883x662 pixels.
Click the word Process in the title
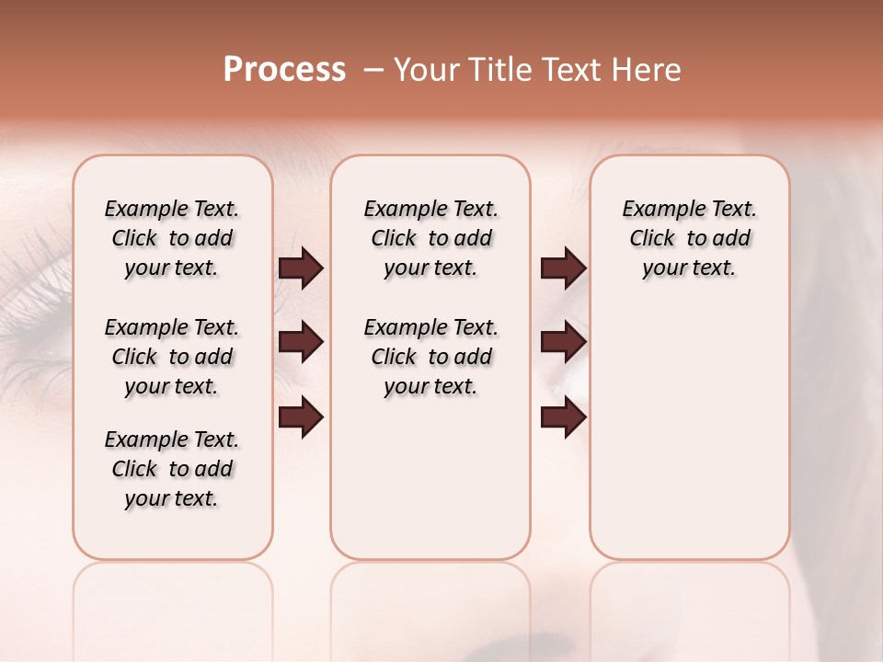click(284, 70)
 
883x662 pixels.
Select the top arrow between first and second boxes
click(301, 268)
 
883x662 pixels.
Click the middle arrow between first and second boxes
click(301, 343)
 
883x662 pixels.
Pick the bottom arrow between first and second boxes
click(301, 417)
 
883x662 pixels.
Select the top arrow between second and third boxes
click(563, 268)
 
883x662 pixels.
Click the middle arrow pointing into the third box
click(563, 343)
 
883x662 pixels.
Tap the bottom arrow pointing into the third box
click(563, 417)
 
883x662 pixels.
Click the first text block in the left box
click(172, 238)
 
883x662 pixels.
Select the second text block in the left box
click(172, 357)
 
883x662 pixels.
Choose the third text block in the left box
click(172, 469)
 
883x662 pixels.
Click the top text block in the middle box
click(430, 238)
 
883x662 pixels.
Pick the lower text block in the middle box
click(430, 357)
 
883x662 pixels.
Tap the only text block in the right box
click(689, 238)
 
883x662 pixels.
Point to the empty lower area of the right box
click(689, 432)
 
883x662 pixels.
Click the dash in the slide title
click(373, 71)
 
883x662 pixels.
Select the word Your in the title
click(425, 70)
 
